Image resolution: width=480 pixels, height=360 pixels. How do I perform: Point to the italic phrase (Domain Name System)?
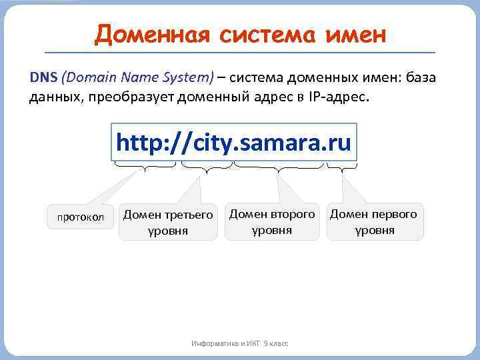tap(137, 77)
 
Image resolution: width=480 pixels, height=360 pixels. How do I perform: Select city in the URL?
tap(206, 143)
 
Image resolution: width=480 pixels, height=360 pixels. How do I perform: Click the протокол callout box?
tap(81, 217)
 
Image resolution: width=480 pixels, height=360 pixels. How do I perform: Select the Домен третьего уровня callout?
tap(169, 223)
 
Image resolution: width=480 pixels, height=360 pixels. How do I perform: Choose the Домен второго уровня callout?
tap(272, 222)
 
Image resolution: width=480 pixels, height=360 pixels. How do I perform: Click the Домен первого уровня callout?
tap(374, 222)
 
